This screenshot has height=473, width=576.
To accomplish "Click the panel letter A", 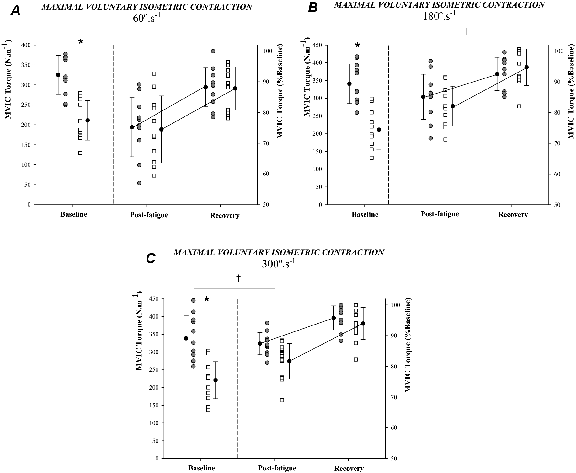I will click(16, 10).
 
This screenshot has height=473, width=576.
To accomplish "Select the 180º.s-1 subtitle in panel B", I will click(439, 15).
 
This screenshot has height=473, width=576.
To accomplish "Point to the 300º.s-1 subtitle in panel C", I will click(278, 263).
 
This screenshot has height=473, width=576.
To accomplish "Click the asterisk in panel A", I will click(81, 42).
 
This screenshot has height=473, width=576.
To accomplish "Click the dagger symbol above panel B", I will click(466, 31).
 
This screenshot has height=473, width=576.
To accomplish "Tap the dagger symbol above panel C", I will click(238, 278).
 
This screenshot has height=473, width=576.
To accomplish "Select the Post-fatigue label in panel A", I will click(149, 215).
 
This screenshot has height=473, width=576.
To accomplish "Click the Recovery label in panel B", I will click(513, 215).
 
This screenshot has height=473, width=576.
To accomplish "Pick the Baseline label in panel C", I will click(201, 468).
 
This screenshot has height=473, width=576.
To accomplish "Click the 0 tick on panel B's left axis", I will click(321, 205).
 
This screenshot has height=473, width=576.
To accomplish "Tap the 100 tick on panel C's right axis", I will click(394, 305).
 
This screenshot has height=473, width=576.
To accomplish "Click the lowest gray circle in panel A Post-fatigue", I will click(139, 183).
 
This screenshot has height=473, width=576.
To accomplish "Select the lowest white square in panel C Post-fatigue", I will click(282, 400).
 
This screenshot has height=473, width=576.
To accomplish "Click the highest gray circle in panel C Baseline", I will click(193, 300).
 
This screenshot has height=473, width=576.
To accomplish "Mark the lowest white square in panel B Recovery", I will click(519, 106).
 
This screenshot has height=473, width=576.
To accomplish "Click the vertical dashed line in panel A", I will click(113, 126).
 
